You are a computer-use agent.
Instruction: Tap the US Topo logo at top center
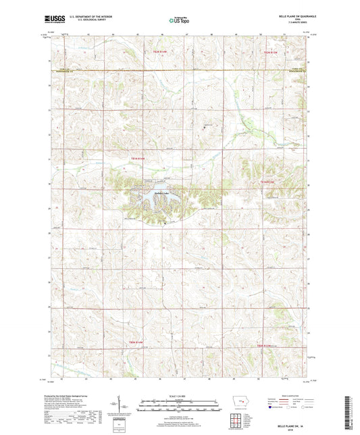[x=179, y=20]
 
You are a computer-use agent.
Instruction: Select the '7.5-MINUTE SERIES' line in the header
[x=298, y=24]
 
